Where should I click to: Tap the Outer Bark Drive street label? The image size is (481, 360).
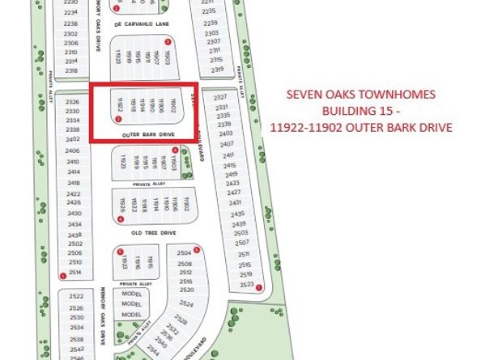point(148,134)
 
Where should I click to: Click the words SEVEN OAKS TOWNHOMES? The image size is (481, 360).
point(360,95)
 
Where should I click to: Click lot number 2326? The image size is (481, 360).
point(73,102)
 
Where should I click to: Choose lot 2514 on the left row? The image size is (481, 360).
point(75,273)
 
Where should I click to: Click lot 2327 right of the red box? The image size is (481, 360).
point(220,98)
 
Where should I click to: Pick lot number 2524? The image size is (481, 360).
point(186,303)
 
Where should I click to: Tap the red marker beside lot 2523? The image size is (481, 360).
point(259,286)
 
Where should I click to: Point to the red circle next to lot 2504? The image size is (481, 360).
point(197,249)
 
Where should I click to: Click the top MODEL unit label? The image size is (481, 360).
point(131,294)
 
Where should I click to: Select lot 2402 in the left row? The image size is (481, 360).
point(73,140)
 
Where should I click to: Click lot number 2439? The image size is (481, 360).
point(237,224)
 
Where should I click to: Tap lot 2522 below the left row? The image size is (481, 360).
point(77,297)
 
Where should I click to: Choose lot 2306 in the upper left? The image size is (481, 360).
point(70,44)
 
